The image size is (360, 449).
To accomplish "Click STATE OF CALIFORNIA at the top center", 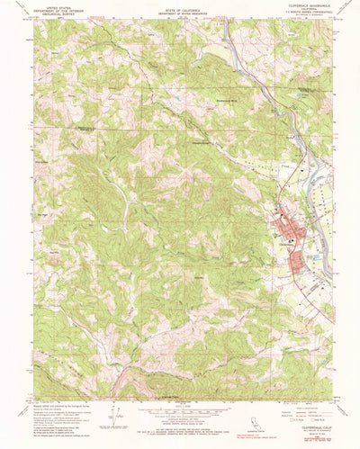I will pyautogui.click(x=181, y=7).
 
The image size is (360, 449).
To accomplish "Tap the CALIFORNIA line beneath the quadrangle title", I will pyautogui.click(x=310, y=8).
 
